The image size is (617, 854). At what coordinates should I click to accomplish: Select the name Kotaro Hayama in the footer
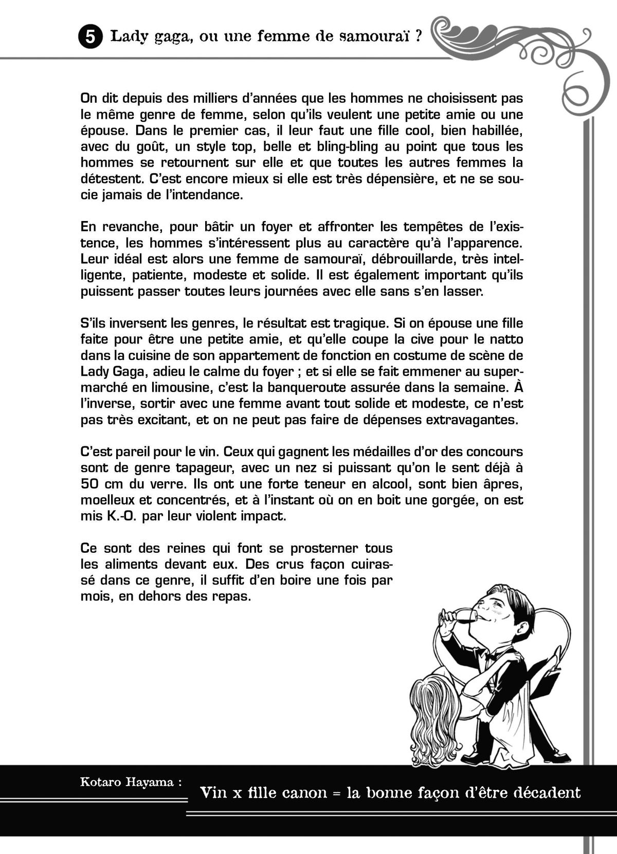(x=131, y=783)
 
